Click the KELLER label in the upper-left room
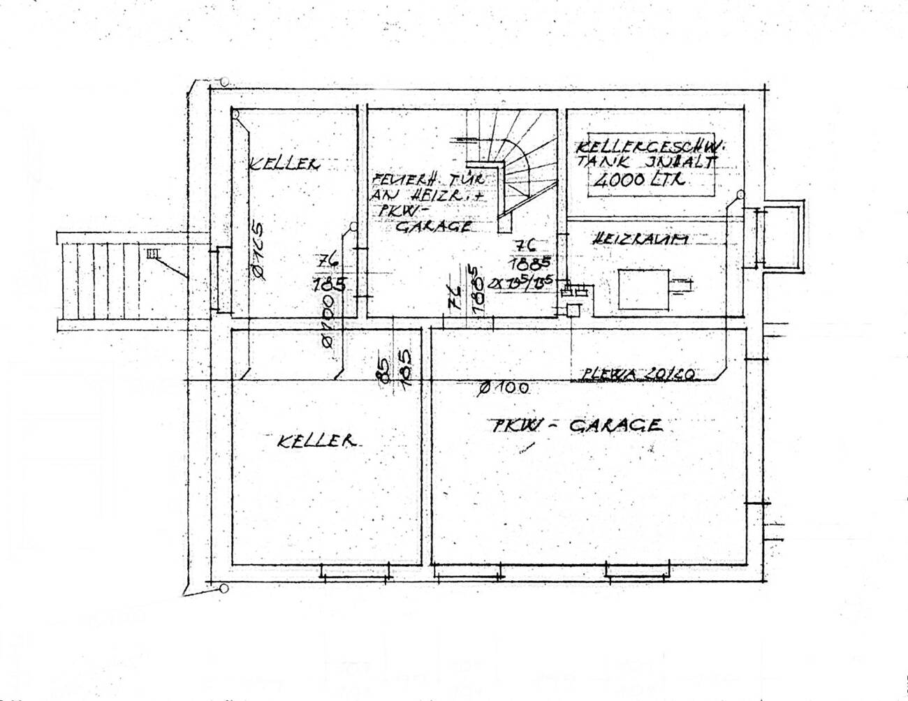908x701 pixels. (x=284, y=165)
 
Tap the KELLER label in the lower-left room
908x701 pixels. (x=316, y=441)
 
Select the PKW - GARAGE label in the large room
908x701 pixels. (x=575, y=425)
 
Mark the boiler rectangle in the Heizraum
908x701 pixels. (x=643, y=290)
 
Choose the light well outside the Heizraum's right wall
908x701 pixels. (x=782, y=236)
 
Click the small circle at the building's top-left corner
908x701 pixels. (x=225, y=82)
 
